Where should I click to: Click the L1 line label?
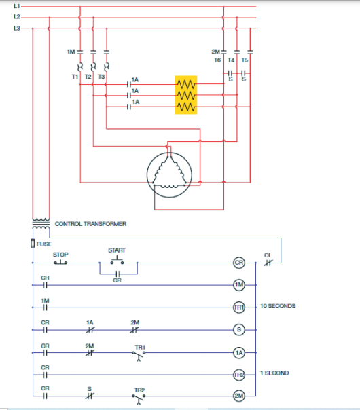coord(16,6)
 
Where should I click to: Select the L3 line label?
coord(16,29)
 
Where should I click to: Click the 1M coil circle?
coord(239,285)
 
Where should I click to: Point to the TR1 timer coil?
coord(239,307)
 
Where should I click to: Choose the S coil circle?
coord(239,329)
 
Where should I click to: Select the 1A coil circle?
coord(239,352)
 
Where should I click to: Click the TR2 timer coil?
coord(239,373)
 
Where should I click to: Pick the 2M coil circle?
coord(239,396)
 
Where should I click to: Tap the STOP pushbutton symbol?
coord(60,262)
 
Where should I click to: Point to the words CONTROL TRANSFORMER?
coord(90,223)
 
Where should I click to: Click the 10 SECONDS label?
coord(278,307)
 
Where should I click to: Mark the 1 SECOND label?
coord(274,373)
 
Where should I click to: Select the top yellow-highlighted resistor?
coord(186,83)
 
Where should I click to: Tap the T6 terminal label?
coord(217,60)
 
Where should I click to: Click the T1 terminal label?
coord(75,77)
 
